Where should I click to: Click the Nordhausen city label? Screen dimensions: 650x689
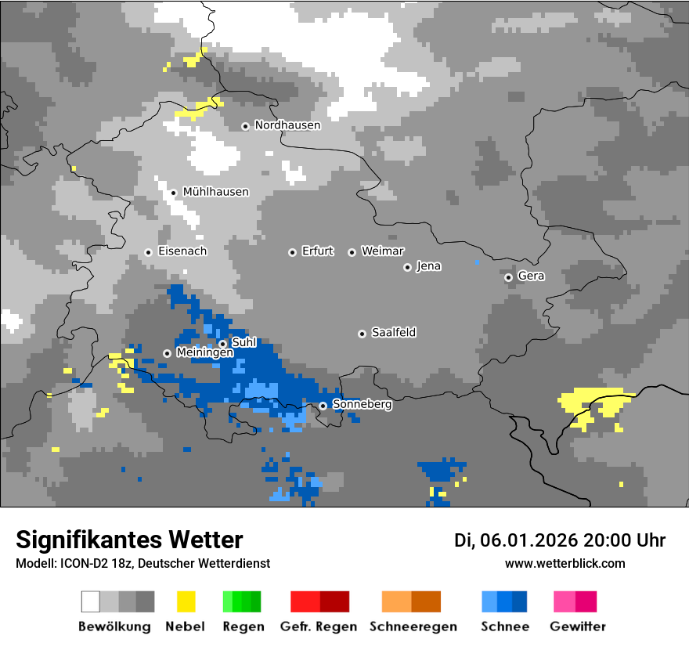pyautogui.click(x=287, y=125)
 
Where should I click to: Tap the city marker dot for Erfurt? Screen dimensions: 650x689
pyautogui.click(x=292, y=252)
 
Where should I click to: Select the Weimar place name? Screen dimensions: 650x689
pyautogui.click(x=382, y=251)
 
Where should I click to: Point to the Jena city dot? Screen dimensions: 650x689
pyautogui.click(x=407, y=267)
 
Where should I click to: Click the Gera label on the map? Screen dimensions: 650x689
pyautogui.click(x=531, y=276)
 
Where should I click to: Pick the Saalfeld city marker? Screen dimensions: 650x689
pyautogui.click(x=362, y=334)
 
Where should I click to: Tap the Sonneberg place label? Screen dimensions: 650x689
pyautogui.click(x=362, y=405)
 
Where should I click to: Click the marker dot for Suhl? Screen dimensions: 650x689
pyautogui.click(x=222, y=344)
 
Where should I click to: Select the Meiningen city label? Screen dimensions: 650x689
pyautogui.click(x=204, y=353)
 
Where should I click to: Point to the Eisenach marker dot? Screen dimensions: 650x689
pyautogui.click(x=148, y=252)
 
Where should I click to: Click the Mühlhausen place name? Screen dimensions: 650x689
pyautogui.click(x=215, y=192)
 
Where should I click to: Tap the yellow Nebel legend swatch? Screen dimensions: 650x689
pyautogui.click(x=186, y=601)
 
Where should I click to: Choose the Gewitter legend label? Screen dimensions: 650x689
pyautogui.click(x=577, y=627)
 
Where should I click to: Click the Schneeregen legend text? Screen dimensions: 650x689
pyautogui.click(x=412, y=627)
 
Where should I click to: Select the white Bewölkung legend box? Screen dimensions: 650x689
pyautogui.click(x=91, y=601)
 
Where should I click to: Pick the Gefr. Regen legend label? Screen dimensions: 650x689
pyautogui.click(x=319, y=627)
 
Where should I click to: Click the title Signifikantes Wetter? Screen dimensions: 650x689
pyautogui.click(x=129, y=540)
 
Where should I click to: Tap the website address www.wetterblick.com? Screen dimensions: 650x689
pyautogui.click(x=565, y=563)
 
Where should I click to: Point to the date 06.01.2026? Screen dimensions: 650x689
pyautogui.click(x=529, y=540)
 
